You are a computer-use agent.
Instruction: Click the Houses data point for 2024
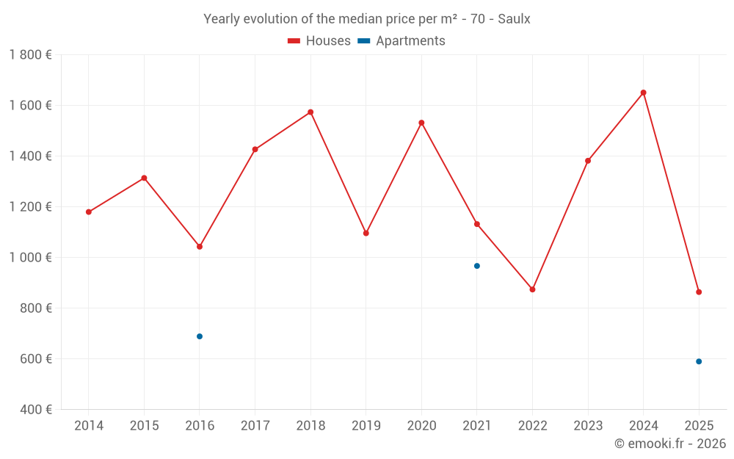click(x=643, y=93)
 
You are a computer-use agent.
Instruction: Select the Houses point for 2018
click(x=310, y=112)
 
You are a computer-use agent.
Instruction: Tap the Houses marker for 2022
click(x=532, y=289)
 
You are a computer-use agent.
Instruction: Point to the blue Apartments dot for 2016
click(x=200, y=336)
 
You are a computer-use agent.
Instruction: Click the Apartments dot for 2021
click(x=477, y=266)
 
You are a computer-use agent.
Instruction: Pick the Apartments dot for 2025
click(x=699, y=361)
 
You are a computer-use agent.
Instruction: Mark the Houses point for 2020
click(x=421, y=123)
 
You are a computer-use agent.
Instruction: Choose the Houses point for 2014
click(x=89, y=212)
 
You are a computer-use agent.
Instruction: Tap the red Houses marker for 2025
click(x=699, y=292)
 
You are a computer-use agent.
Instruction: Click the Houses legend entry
click(x=319, y=41)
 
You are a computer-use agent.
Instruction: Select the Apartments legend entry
click(x=401, y=41)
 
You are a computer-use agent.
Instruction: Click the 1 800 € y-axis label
click(x=31, y=55)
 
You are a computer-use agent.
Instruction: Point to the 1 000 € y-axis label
click(x=31, y=258)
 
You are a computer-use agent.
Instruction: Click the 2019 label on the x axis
click(x=366, y=426)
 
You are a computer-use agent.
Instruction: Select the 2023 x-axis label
click(x=587, y=426)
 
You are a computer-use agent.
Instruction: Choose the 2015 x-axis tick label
click(x=144, y=426)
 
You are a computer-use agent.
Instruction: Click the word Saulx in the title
click(x=514, y=19)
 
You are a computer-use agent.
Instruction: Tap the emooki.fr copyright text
click(x=669, y=444)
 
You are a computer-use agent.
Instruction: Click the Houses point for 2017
click(x=255, y=149)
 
